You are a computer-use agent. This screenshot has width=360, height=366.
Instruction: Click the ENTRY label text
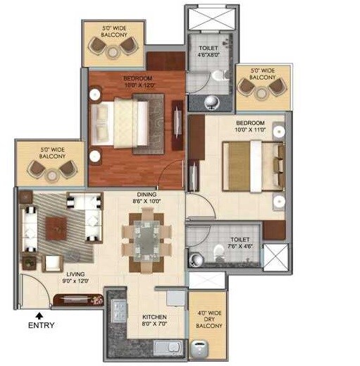40,325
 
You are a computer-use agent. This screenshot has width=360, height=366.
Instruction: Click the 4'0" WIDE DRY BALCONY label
209,319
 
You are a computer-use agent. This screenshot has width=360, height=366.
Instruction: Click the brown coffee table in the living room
56,226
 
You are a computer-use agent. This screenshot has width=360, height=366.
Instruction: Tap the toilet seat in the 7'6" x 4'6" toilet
216,256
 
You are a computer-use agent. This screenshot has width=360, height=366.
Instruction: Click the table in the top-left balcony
113,49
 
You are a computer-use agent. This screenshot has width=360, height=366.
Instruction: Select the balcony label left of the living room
53,153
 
